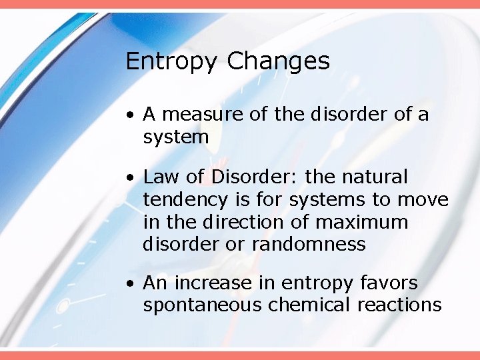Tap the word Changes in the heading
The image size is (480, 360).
[x=278, y=62]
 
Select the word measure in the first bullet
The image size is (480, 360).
[x=197, y=115]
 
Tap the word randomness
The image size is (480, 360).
[x=309, y=245]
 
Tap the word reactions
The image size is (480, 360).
[x=399, y=305]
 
